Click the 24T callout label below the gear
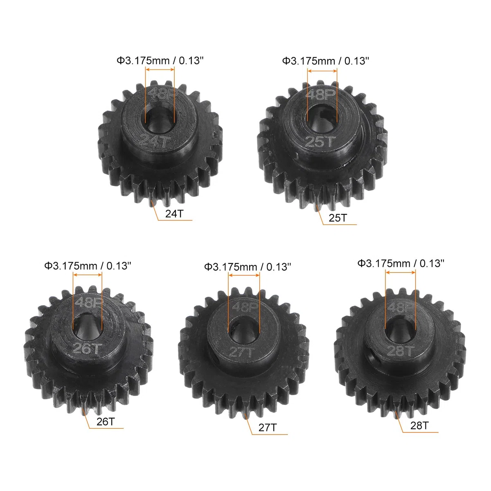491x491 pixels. pyautogui.click(x=174, y=214)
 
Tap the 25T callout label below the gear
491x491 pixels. pyautogui.click(x=338, y=218)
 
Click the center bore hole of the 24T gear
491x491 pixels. pyautogui.click(x=160, y=120)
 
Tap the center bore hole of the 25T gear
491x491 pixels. pyautogui.click(x=322, y=119)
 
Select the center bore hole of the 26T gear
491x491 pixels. pyautogui.click(x=88, y=327)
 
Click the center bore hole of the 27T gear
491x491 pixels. pyautogui.click(x=243, y=331)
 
